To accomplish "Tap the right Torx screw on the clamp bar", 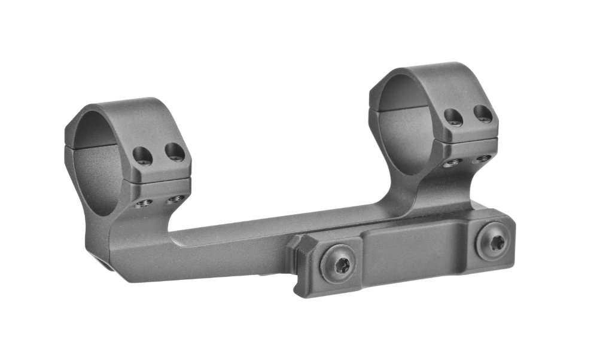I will [x=493, y=241].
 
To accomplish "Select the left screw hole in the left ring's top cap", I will [x=143, y=155].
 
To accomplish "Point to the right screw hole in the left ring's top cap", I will [x=174, y=152].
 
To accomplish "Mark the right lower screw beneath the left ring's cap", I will [x=175, y=199].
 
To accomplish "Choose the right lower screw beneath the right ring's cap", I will [x=483, y=158].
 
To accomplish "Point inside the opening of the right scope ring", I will [x=404, y=129].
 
